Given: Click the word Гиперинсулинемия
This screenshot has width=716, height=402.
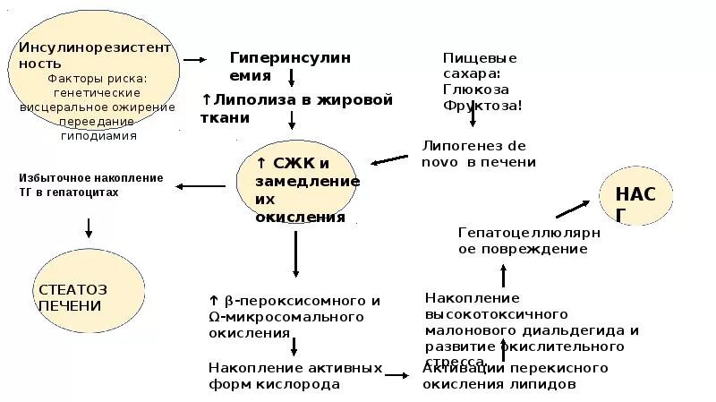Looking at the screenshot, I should point(290,65).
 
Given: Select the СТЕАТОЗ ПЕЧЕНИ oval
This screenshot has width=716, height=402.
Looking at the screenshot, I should point(89,297).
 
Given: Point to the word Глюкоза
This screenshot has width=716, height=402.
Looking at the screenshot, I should point(476,89).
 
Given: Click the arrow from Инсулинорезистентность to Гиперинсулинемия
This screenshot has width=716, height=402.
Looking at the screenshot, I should point(195,60).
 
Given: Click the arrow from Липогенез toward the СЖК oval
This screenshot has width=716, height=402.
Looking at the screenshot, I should point(390,159).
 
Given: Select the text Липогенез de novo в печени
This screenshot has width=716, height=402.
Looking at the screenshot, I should point(479,153).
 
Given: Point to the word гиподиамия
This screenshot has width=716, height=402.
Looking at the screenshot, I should point(98,136).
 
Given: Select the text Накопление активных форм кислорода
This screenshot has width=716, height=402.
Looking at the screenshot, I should point(294,376).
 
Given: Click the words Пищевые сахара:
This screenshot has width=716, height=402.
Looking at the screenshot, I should point(480,65).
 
